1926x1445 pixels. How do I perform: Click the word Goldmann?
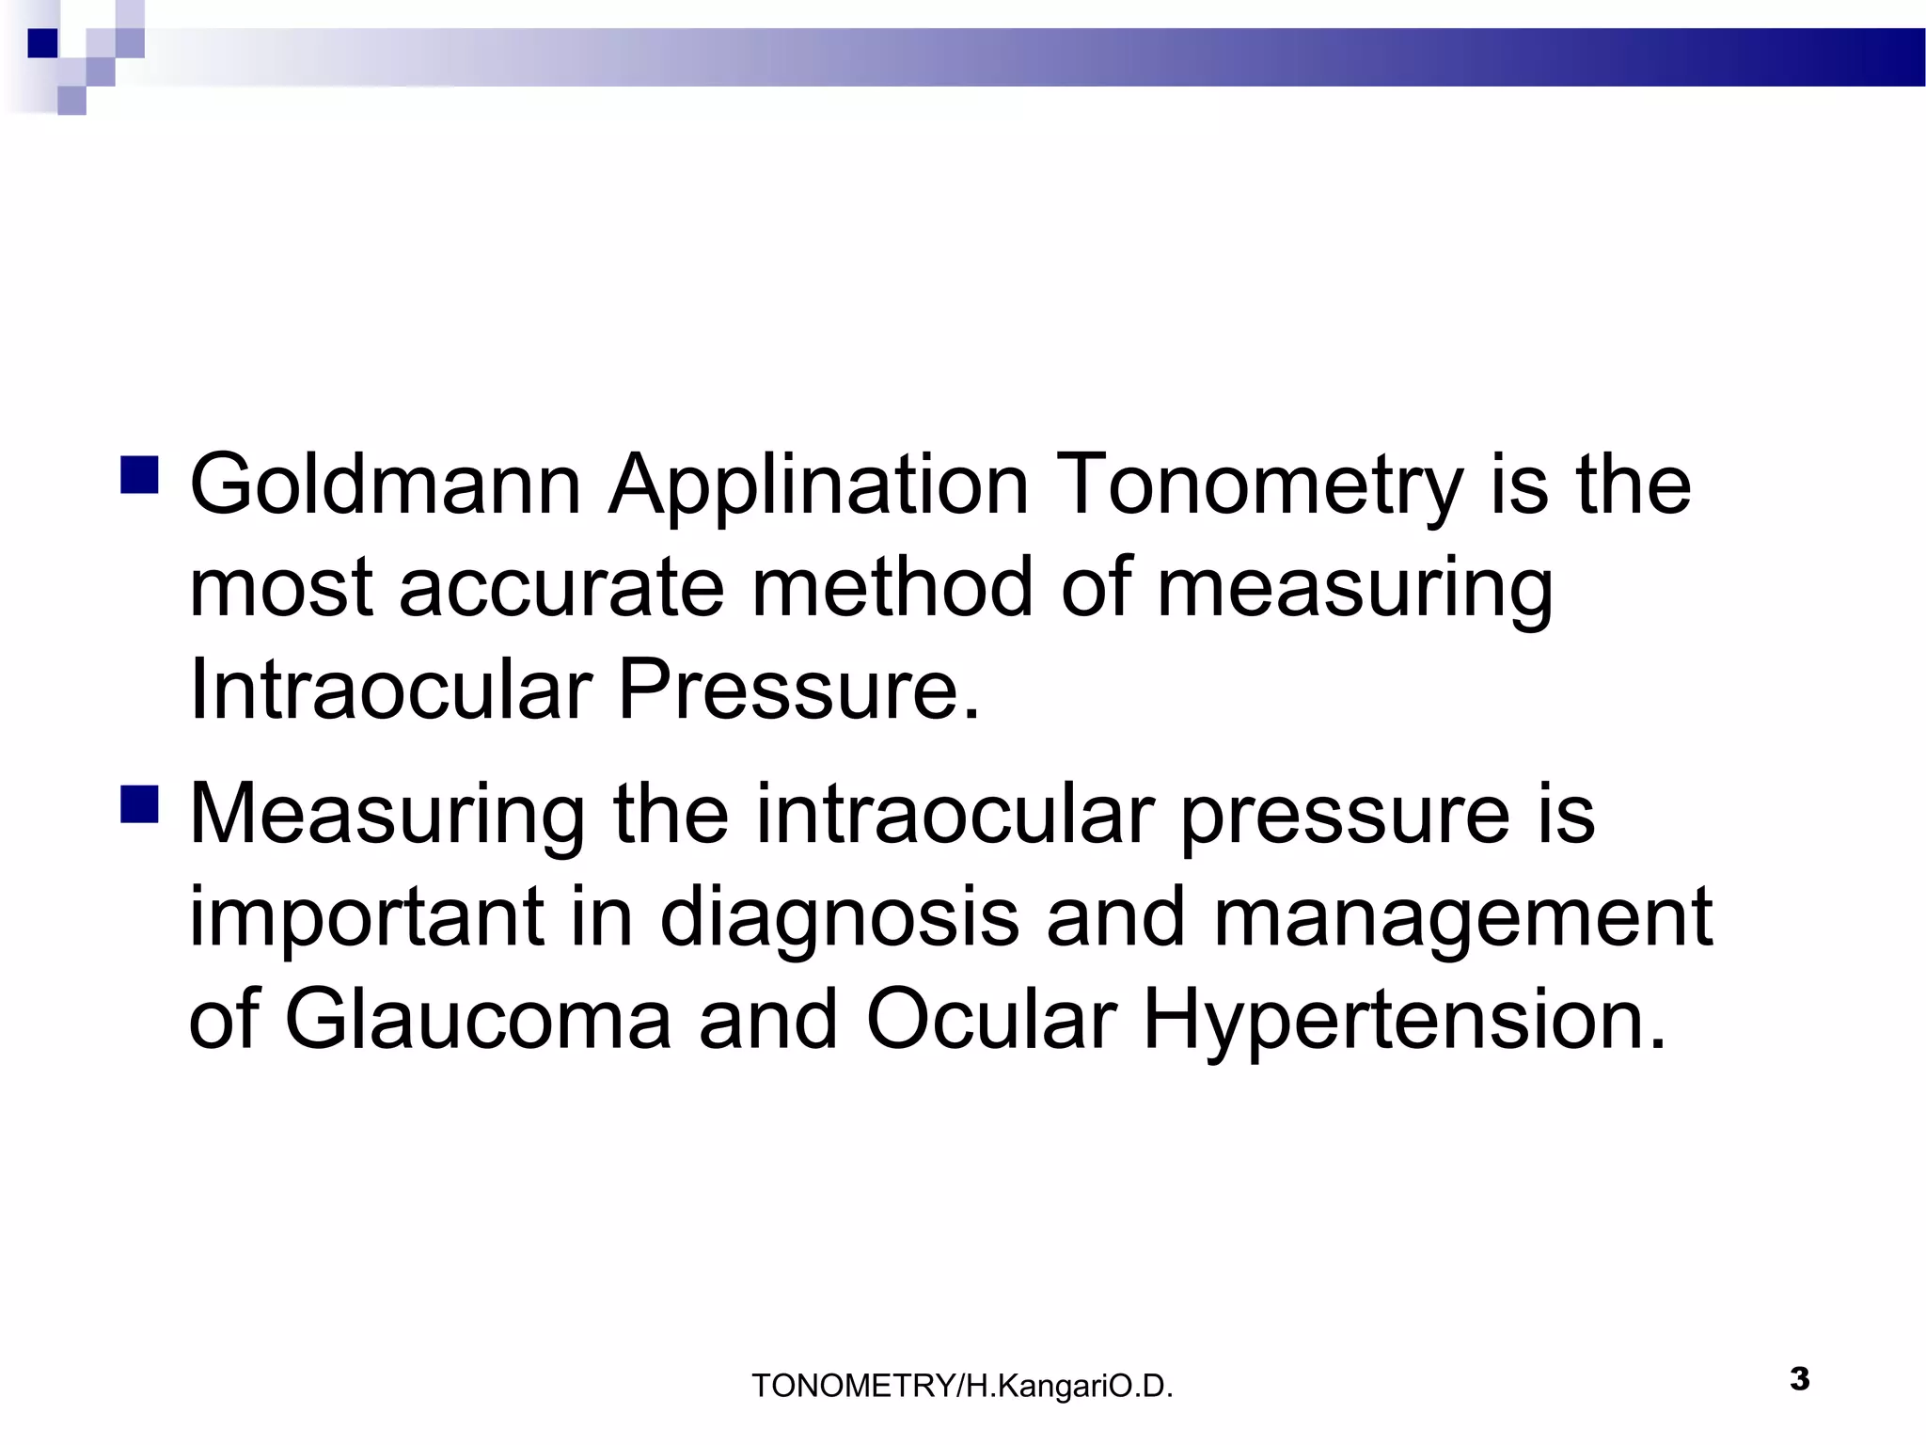tap(385, 485)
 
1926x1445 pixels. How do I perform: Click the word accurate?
tap(561, 588)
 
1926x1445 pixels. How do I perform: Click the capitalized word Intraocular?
tap(388, 690)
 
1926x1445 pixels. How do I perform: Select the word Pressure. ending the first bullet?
tap(798, 690)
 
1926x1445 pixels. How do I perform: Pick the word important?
tap(367, 917)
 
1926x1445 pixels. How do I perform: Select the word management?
tap(1463, 917)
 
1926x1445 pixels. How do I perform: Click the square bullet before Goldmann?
tap(139, 476)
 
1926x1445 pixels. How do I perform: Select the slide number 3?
tap(1799, 1379)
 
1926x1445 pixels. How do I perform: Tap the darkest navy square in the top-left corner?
tap(42, 43)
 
